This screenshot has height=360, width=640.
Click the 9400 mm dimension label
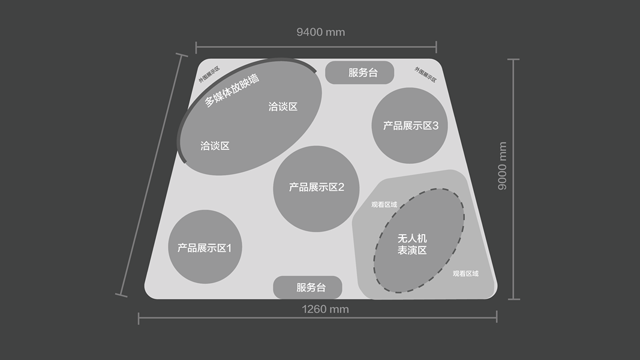pos(321,32)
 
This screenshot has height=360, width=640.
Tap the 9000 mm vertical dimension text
pos(503,166)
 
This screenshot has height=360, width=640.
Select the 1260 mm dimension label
pos(325,309)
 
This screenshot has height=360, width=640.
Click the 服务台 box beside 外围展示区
pos(359,73)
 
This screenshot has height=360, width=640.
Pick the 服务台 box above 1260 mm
pos(308,287)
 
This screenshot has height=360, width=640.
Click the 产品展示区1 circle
pos(205,247)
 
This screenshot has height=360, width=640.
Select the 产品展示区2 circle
pos(316,188)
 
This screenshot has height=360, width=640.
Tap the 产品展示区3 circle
pos(410,125)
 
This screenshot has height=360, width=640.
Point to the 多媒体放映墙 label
pos(232,91)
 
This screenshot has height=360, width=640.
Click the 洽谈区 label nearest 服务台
pos(283,107)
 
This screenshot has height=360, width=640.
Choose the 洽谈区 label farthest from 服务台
pos(215,146)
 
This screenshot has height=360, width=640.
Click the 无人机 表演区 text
pos(412,244)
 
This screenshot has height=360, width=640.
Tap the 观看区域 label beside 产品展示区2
pos(384,205)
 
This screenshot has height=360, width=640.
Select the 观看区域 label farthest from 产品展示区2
pos(465,274)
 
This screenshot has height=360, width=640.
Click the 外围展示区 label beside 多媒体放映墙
pos(209,73)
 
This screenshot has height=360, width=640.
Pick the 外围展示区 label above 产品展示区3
pos(425,74)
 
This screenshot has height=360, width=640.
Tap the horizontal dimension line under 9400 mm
pos(316,46)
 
